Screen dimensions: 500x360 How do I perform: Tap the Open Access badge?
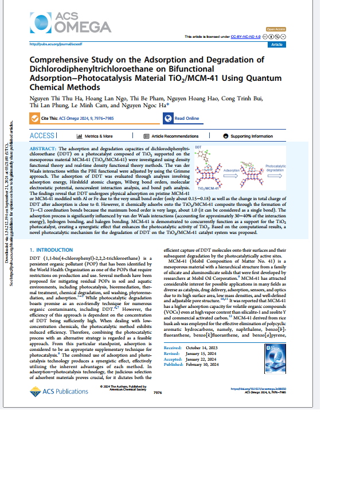coord(277,29)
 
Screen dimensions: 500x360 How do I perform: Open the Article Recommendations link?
coord(171,136)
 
